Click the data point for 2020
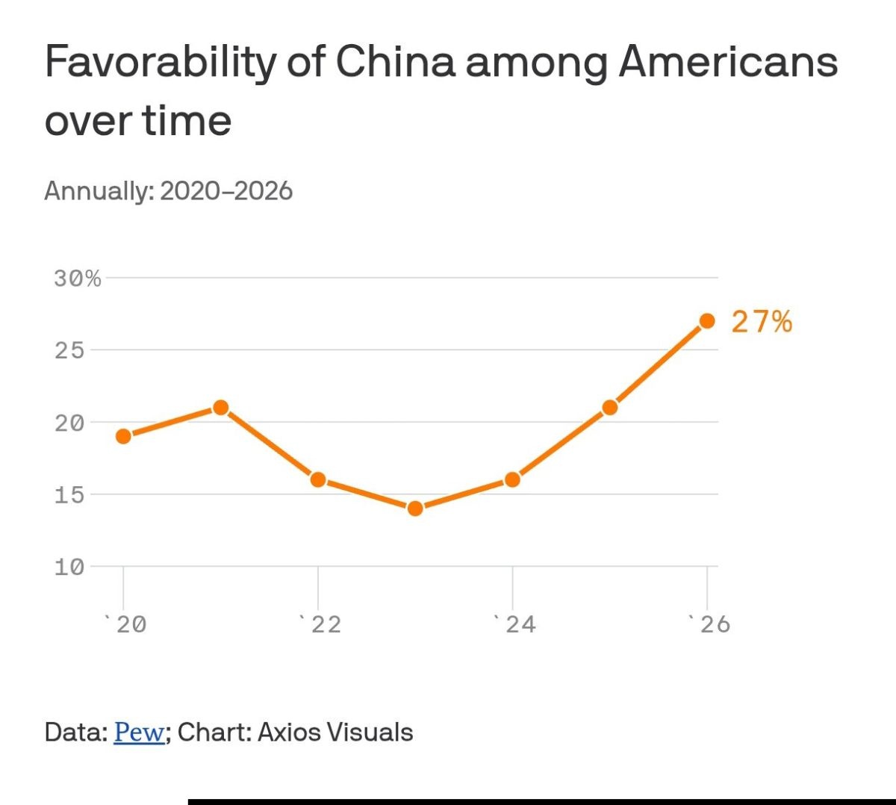point(124,436)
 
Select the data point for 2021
point(221,408)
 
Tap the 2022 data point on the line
point(318,479)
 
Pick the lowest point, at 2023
point(415,509)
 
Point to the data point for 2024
point(512,479)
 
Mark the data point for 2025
point(610,408)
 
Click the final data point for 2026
point(707,321)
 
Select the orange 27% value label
point(762,322)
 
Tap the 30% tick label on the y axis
point(77,279)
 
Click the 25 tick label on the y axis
point(69,350)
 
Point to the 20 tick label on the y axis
point(69,423)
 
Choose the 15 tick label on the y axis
point(69,495)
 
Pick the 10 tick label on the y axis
point(69,568)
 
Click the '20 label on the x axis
point(127,624)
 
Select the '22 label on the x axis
point(322,624)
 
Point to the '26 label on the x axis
point(711,624)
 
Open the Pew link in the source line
point(139,733)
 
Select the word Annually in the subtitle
point(98,191)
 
